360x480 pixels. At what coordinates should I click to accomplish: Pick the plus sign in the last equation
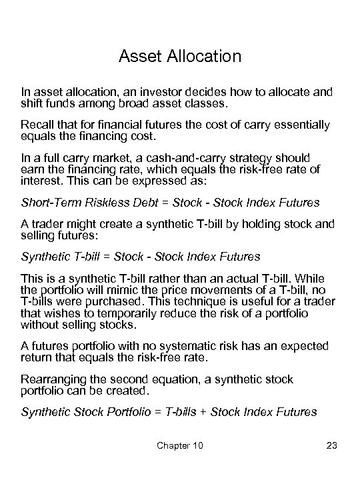tap(204, 412)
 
